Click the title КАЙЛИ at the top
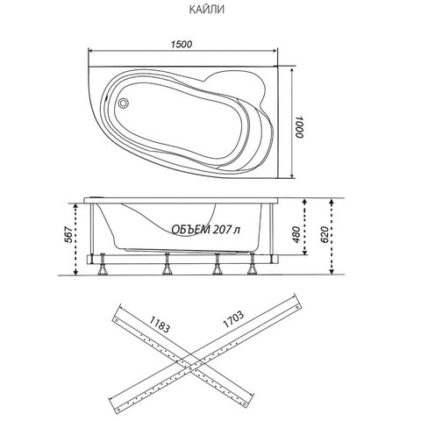coord(207,10)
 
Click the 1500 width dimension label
coord(182,45)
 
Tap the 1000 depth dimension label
coord(300,127)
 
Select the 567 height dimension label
coord(68,234)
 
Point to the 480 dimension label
coord(296,234)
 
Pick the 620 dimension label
coord(325,234)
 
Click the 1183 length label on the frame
coord(160,325)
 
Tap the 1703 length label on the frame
coord(233,319)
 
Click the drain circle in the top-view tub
coord(123,103)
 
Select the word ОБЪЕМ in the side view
coord(190,230)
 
